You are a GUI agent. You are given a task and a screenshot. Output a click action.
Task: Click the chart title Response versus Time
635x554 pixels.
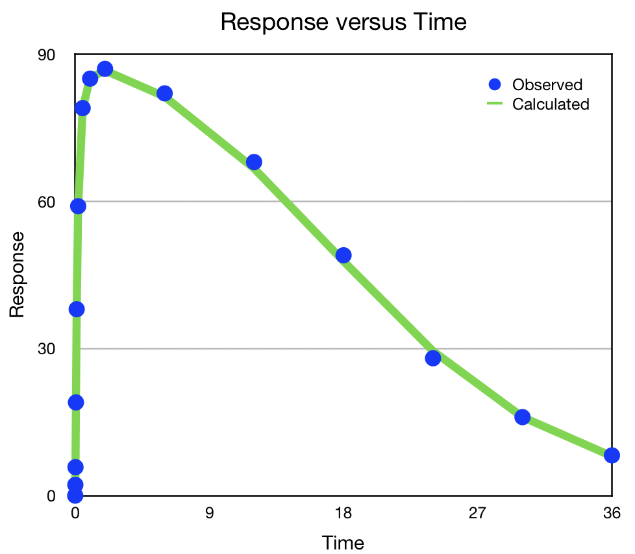343,22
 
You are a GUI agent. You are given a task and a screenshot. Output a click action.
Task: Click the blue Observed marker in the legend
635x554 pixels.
495,84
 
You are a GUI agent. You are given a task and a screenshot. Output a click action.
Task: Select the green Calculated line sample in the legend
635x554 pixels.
495,104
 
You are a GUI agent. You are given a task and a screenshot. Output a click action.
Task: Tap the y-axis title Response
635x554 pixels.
18,274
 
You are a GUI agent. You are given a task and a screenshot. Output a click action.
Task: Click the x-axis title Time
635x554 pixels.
343,542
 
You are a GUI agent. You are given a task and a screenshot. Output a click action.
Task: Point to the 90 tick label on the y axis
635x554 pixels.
46,55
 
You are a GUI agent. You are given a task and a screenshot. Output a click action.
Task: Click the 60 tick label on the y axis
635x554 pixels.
46,202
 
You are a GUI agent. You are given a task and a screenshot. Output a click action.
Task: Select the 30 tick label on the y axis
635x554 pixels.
46,349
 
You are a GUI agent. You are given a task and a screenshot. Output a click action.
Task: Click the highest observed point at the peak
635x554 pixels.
105,69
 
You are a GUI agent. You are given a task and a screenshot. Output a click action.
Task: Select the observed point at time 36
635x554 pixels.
612,455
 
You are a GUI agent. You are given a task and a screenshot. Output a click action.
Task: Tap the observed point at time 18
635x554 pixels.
343,255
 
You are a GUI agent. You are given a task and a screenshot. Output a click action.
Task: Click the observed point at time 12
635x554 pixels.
255,162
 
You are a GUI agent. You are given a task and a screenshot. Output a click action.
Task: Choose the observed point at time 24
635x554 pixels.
433,357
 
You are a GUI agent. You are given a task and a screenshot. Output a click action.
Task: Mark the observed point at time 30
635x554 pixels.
523,417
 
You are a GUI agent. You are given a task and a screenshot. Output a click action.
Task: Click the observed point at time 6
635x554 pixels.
165,93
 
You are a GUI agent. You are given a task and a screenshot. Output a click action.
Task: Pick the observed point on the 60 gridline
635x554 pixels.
78,206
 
